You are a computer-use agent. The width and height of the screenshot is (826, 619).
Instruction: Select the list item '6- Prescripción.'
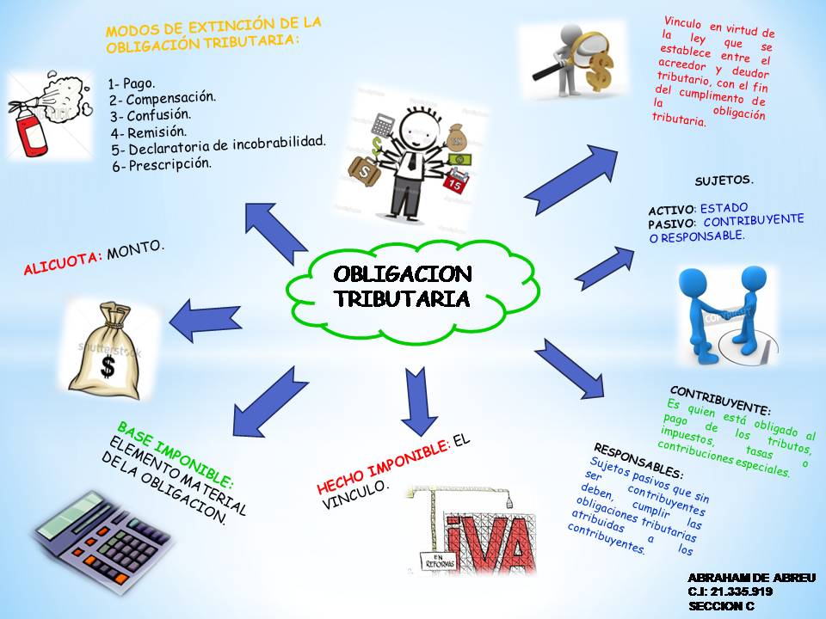point(162,165)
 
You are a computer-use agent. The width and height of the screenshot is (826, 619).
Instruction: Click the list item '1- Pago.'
point(132,83)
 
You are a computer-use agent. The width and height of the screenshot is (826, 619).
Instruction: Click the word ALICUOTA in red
point(63,262)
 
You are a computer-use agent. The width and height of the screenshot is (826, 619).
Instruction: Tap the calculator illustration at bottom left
point(102,542)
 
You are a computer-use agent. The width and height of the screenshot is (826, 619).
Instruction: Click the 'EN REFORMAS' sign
point(438,561)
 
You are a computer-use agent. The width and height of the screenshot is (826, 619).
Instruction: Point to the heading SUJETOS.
point(724,181)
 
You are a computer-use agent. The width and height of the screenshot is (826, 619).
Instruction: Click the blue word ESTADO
point(724,208)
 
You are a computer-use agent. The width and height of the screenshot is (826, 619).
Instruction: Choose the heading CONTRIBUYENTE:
point(721,400)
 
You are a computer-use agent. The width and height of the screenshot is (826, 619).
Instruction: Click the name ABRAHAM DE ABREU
point(752,578)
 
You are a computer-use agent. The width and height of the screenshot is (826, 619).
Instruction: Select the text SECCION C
point(721,606)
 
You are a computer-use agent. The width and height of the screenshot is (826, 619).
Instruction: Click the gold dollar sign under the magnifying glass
point(601,71)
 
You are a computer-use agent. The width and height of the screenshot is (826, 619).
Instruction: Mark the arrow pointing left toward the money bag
point(206,321)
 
